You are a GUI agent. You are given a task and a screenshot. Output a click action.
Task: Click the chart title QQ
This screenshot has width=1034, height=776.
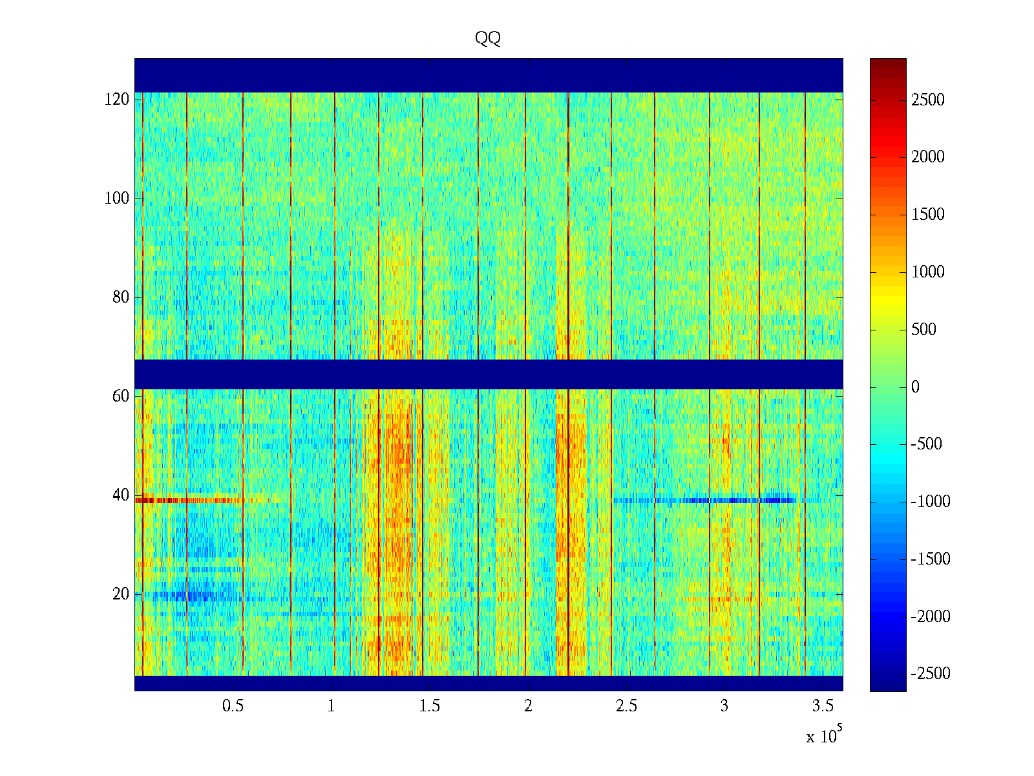(487, 39)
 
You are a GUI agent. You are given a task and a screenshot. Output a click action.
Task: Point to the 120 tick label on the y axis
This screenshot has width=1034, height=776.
(117, 100)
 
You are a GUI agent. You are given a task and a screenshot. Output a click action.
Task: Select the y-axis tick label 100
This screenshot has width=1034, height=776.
(117, 199)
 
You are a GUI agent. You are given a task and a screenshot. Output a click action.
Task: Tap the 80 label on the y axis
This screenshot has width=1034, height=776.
(121, 297)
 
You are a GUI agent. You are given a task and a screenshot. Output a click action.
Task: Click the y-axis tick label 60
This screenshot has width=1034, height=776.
(121, 396)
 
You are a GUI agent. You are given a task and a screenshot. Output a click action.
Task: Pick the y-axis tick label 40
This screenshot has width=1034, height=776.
(121, 495)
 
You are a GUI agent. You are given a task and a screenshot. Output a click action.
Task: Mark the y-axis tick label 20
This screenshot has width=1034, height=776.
(121, 594)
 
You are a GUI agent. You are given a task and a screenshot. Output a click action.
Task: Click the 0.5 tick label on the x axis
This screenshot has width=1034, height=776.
(233, 706)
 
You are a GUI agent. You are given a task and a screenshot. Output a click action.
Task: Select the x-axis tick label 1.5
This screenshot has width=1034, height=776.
(430, 706)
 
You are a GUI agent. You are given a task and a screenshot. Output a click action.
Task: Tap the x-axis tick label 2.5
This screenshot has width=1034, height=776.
(626, 706)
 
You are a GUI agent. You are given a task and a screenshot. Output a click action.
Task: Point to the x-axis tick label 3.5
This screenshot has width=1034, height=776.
(823, 706)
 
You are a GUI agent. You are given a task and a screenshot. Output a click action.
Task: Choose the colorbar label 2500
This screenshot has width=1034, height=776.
(928, 100)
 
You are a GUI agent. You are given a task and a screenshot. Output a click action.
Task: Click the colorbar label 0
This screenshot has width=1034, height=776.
(915, 387)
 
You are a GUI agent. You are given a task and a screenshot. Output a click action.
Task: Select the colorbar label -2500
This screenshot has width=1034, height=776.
(931, 674)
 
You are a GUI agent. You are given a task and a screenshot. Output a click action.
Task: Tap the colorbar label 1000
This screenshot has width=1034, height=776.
(928, 272)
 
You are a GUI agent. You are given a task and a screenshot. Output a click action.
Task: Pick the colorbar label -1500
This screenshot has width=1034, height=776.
(931, 559)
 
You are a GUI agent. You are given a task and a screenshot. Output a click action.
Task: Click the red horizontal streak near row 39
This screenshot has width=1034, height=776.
(187, 500)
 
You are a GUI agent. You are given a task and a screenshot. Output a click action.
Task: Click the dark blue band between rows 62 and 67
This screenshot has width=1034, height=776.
(489, 374)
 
